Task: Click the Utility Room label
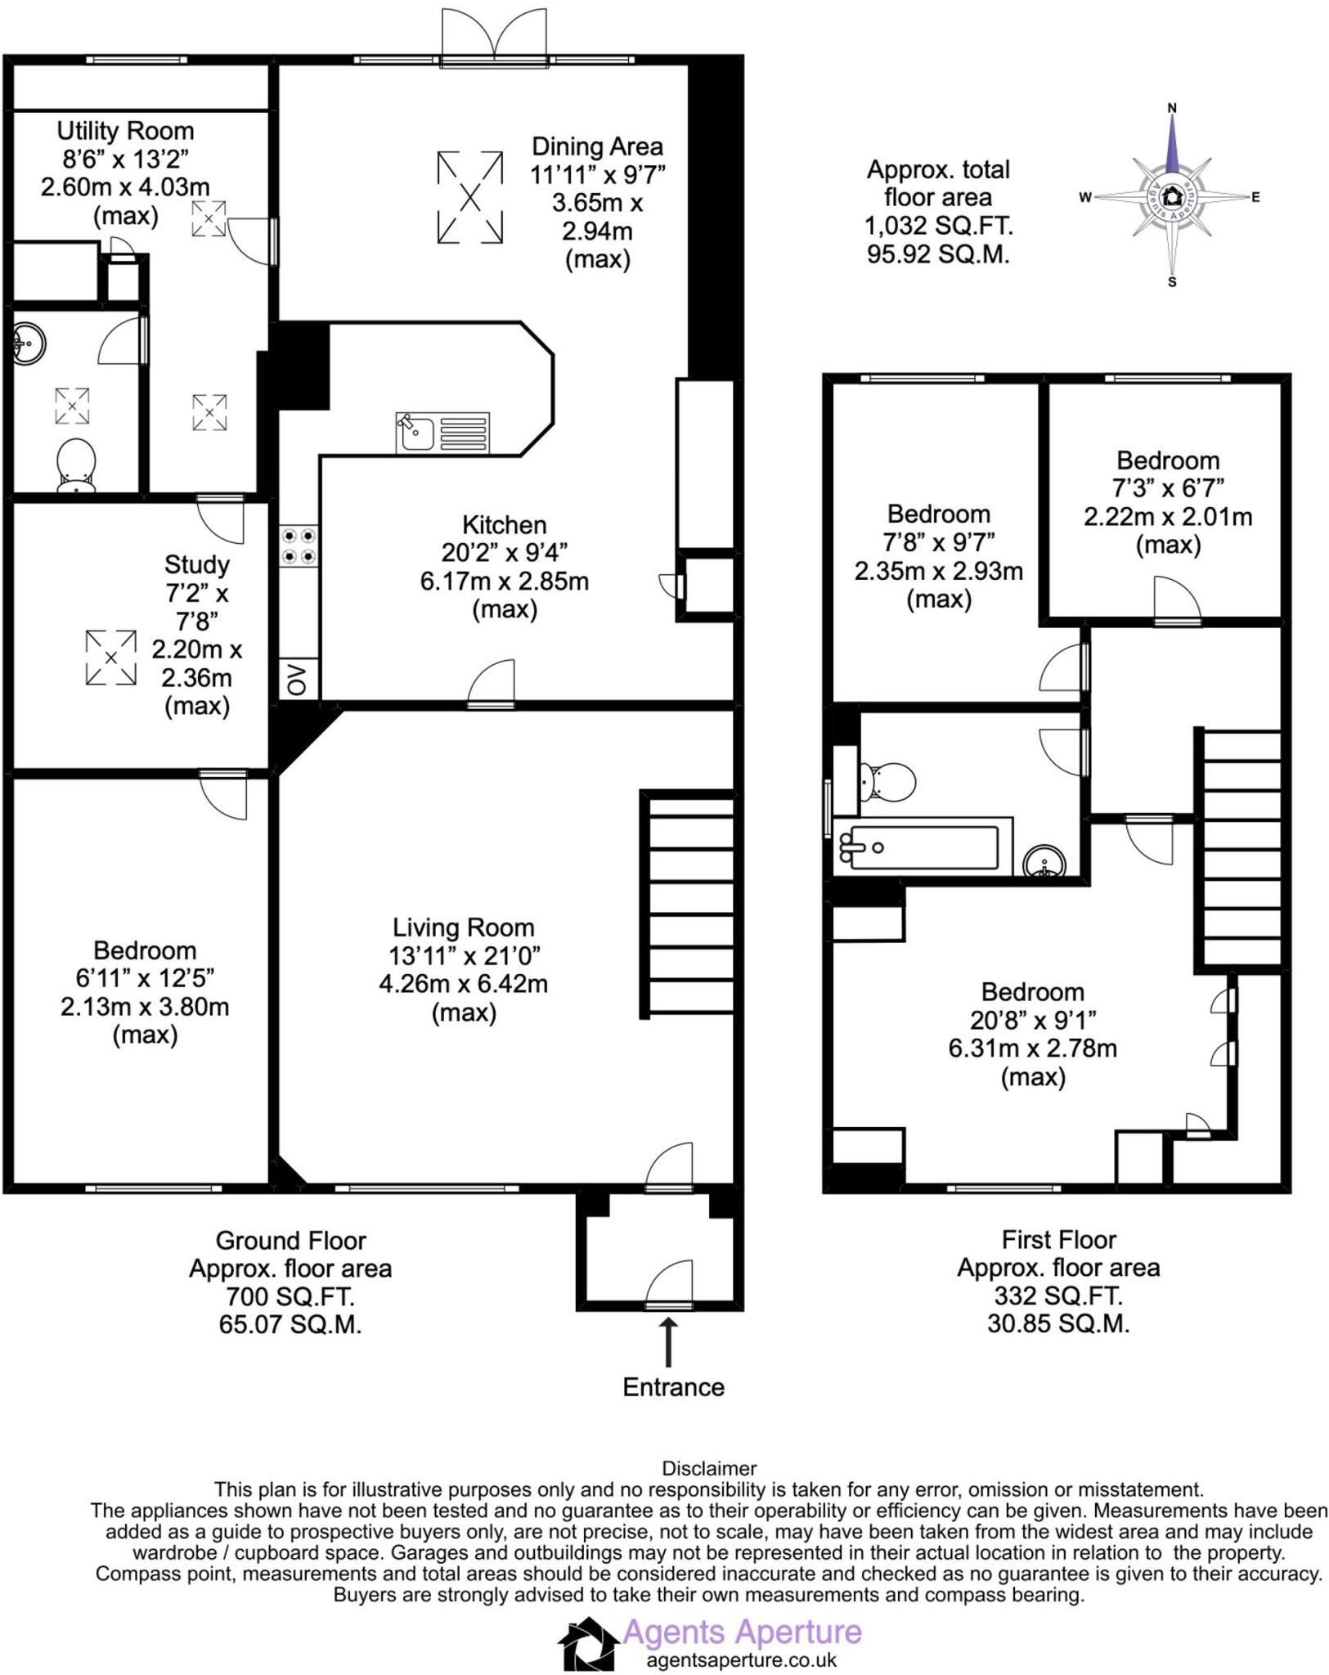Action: click(x=125, y=131)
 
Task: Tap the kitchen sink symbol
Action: click(x=442, y=433)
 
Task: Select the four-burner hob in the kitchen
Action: click(x=298, y=546)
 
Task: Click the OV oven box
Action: click(x=298, y=679)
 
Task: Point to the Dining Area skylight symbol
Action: click(x=470, y=197)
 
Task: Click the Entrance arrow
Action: click(x=668, y=1341)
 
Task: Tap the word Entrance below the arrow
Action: click(x=673, y=1387)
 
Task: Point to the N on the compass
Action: click(x=1171, y=107)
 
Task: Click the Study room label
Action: click(x=196, y=564)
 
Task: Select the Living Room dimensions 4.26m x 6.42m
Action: click(x=463, y=983)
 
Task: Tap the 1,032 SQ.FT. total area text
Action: click(x=938, y=225)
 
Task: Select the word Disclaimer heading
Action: click(x=709, y=1468)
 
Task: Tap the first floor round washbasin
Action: click(x=1044, y=861)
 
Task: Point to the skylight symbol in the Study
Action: click(x=110, y=657)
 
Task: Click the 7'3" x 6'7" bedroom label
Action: click(x=1167, y=488)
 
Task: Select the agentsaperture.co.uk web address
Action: click(x=741, y=1660)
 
